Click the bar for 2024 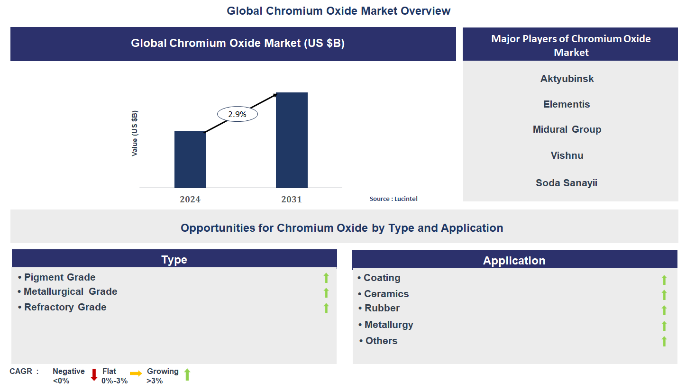(190, 159)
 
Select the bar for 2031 (292, 140)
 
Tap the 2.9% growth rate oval (238, 114)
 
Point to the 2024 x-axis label (190, 200)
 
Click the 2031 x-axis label (291, 200)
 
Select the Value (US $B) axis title (135, 133)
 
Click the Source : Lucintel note (393, 199)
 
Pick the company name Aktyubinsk (567, 79)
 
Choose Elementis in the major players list (567, 104)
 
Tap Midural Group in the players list (567, 129)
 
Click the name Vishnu (567, 155)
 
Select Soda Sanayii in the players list (567, 183)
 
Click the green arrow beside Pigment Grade (326, 278)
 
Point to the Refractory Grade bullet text (65, 307)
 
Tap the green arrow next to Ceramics (664, 295)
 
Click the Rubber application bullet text (382, 308)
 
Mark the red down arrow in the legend (94, 375)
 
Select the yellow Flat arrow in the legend (136, 374)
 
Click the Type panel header (174, 259)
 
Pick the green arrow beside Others (664, 341)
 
